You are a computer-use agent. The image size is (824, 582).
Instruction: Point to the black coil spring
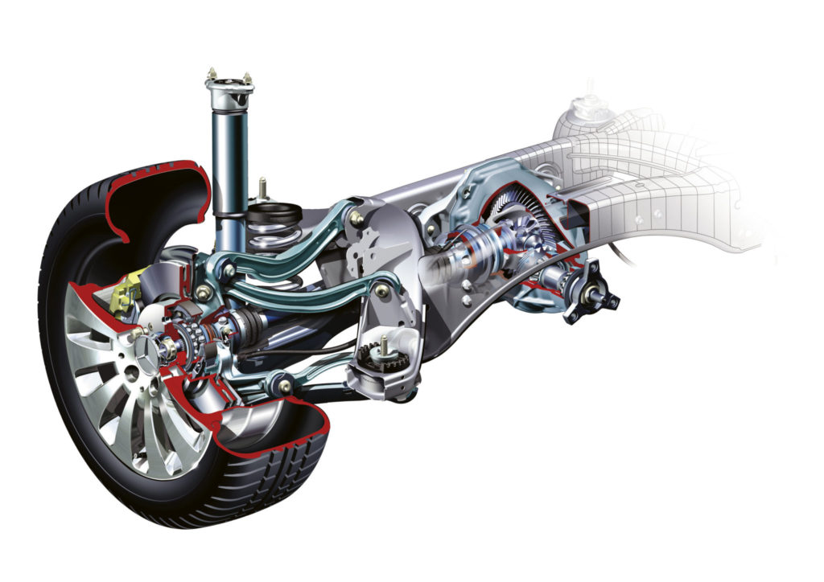[274, 241]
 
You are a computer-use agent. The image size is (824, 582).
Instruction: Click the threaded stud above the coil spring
[262, 188]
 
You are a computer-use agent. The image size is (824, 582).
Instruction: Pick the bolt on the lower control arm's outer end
[284, 387]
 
